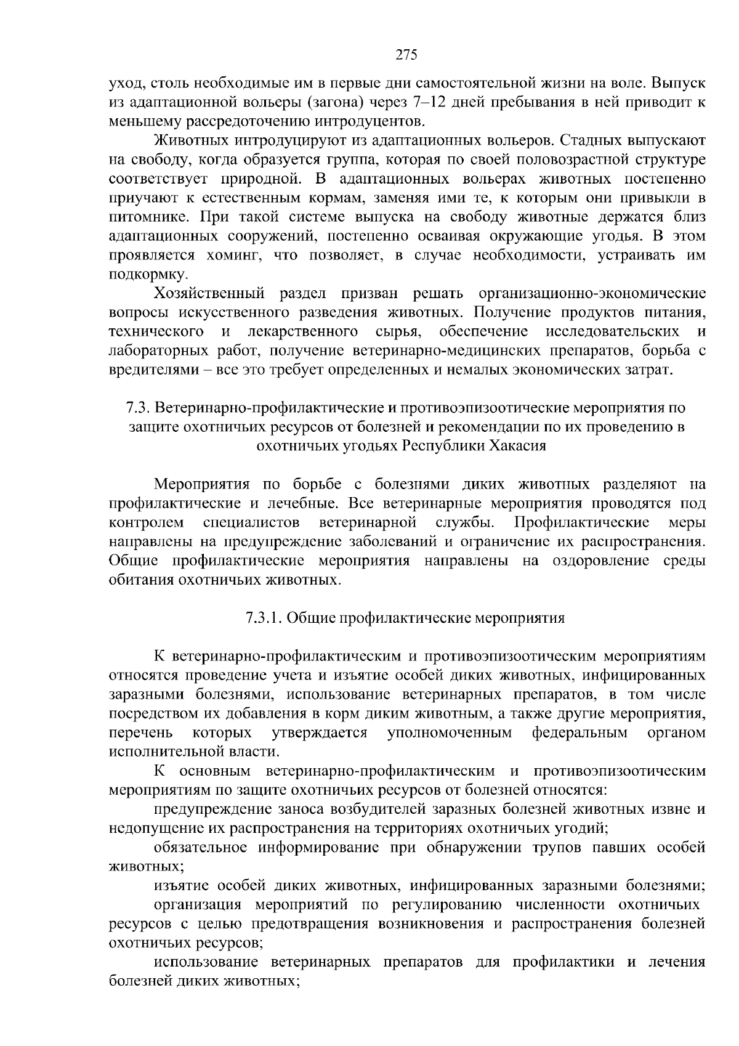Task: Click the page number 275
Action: point(406,55)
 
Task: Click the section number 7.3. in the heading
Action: point(138,408)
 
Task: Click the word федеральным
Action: point(579,732)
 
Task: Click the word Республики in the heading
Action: point(440,446)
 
